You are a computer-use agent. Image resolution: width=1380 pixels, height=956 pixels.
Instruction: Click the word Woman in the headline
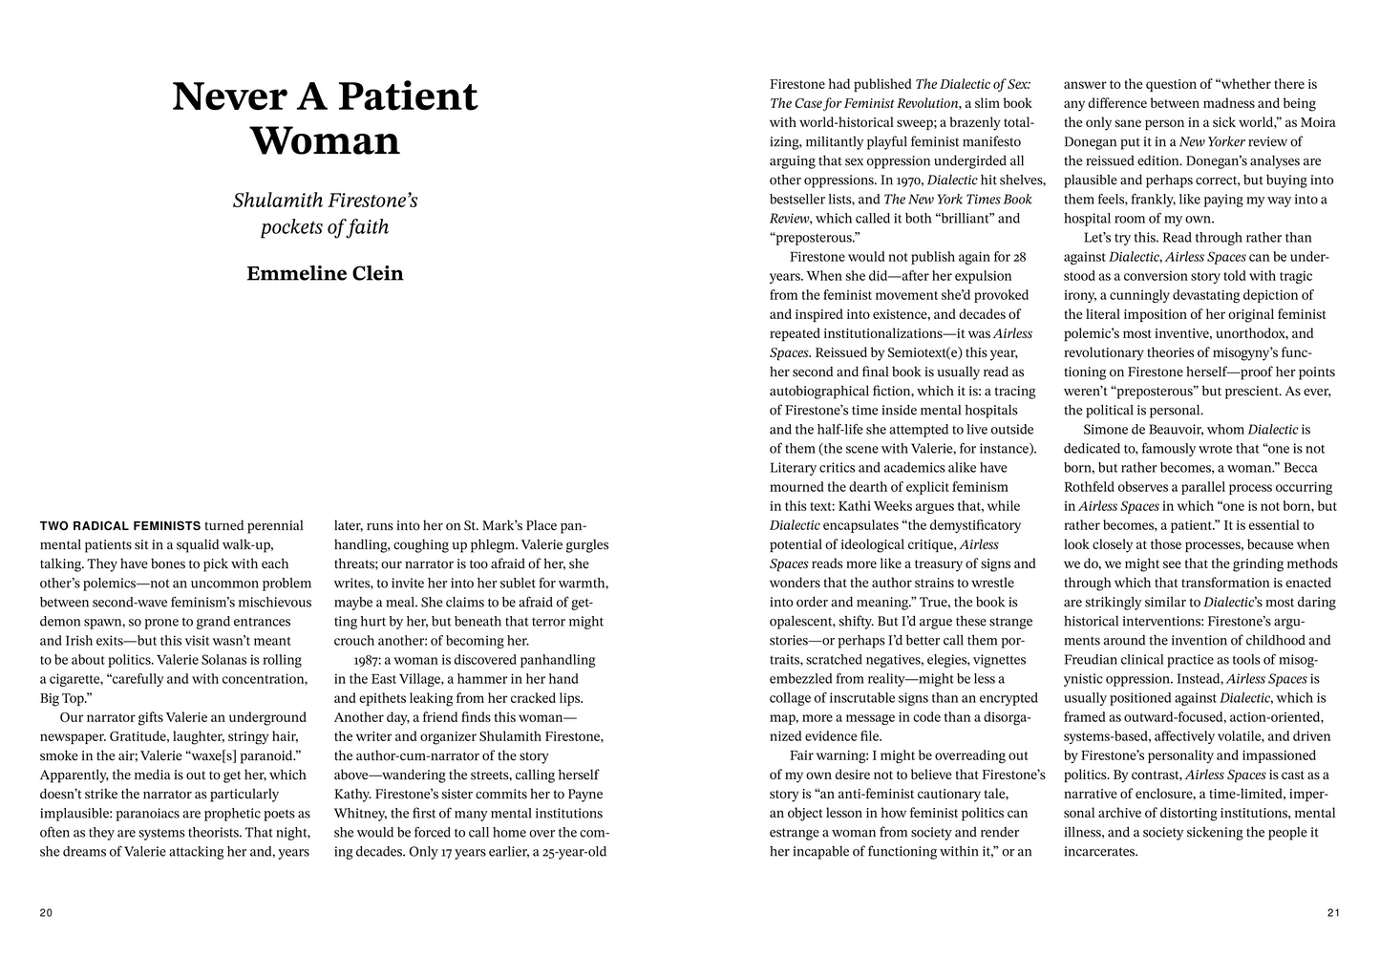(325, 141)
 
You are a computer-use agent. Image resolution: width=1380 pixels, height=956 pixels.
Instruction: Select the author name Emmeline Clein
(325, 274)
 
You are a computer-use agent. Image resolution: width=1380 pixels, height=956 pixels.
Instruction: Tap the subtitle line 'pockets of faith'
(325, 227)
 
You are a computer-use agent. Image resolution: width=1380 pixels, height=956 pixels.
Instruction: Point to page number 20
(46, 913)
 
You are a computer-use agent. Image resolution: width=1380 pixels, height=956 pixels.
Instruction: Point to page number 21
(1333, 913)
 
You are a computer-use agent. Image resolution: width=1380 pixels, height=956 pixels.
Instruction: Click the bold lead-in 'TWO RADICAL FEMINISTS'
(120, 525)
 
